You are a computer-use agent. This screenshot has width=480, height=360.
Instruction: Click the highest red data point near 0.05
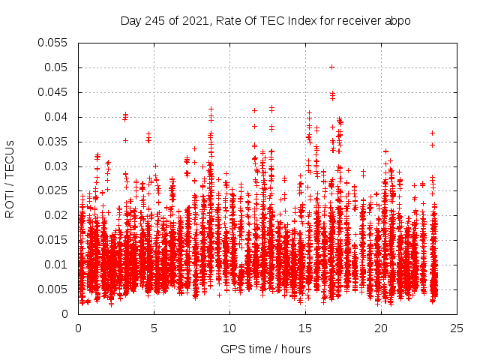pos(331,67)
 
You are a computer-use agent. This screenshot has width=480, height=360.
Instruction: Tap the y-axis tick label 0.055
pos(56,43)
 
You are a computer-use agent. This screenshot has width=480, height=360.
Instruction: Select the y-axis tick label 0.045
pos(56,92)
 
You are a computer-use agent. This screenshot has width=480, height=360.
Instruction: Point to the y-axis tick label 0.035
pos(56,142)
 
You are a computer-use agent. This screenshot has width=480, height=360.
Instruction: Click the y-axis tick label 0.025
pos(56,190)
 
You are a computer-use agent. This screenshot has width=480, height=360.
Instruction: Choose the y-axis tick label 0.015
pos(56,240)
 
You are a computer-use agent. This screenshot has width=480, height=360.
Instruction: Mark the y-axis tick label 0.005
pos(56,289)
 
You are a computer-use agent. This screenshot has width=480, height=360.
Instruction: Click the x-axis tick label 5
pos(154,328)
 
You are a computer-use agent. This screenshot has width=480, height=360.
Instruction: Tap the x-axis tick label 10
pos(229,328)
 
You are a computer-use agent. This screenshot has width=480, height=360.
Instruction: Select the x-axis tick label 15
pos(305,328)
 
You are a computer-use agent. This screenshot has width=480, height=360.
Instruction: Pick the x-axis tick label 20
pos(381,328)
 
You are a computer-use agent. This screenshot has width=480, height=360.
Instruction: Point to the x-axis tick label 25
pos(457,328)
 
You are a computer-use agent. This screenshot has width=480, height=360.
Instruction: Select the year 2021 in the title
pos(191,21)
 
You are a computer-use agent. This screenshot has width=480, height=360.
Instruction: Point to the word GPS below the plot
pos(232,349)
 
